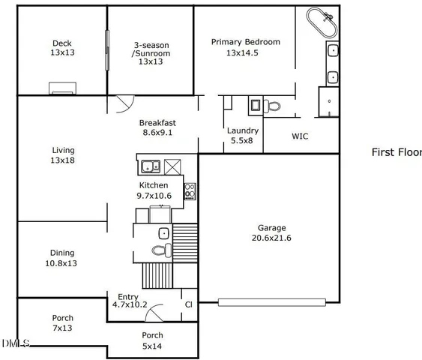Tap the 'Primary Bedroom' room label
245,42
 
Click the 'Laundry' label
242,130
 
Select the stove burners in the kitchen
190,190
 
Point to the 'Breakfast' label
158,123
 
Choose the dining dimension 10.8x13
62,263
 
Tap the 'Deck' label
62,43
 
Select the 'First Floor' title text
397,152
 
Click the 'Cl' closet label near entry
189,304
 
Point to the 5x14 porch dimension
152,346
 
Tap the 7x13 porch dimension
62,328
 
